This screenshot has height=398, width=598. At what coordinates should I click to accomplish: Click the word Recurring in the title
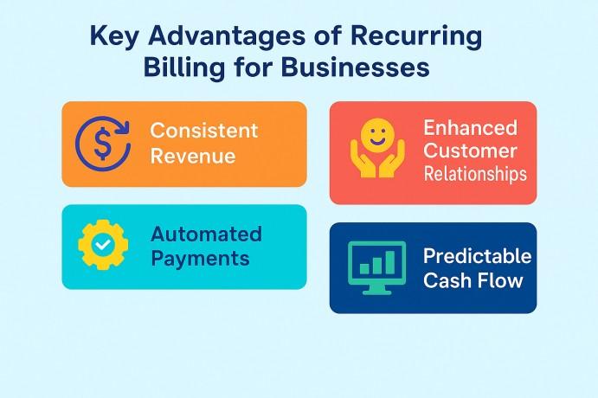415,38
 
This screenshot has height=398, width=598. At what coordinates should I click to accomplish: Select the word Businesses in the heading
356,67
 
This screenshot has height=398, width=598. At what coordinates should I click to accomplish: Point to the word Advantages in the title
227,38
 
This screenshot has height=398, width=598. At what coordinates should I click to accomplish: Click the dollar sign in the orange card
103,144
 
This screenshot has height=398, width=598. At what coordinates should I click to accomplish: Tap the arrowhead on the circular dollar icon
123,126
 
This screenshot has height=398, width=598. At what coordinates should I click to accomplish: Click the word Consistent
204,131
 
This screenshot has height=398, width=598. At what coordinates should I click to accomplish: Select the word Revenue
193,156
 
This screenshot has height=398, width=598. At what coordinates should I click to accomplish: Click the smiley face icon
377,136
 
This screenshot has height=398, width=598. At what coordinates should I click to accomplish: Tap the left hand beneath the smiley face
363,160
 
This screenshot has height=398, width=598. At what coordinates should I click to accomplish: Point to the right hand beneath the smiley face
392,160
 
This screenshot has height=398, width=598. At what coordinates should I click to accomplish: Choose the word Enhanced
470,128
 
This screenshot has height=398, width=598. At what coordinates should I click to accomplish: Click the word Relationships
475,174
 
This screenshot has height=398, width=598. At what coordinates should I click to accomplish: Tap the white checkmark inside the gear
103,244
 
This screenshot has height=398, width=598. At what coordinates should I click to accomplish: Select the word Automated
206,234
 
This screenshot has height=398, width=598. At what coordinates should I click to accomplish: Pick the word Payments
200,259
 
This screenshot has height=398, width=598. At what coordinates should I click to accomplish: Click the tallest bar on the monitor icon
390,262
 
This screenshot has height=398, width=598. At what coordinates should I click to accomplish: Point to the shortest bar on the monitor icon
364,269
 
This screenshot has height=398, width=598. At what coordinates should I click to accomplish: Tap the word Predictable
477,255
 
